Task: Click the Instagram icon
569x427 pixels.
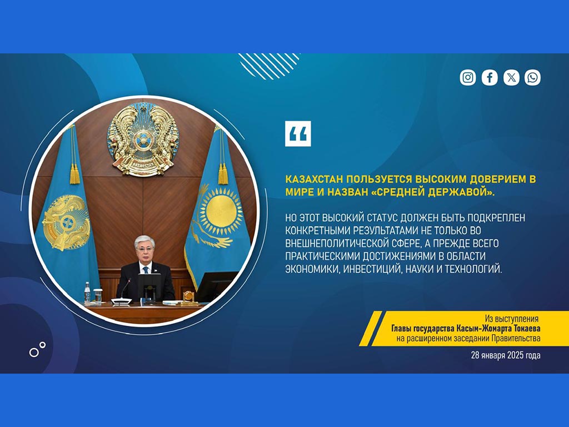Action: coord(468,77)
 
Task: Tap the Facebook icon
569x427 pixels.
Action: coord(490,77)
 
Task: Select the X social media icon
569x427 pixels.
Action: coord(511,77)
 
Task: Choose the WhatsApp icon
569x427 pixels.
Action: coord(532,77)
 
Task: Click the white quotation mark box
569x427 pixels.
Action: coord(298,133)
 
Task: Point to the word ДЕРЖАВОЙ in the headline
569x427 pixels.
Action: coord(461,192)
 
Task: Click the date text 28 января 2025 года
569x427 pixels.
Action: coord(506,355)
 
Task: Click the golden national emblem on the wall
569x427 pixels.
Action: coord(143,140)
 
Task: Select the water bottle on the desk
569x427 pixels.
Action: coord(87,292)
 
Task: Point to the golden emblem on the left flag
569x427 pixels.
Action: coord(66,222)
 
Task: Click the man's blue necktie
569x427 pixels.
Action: coord(146,270)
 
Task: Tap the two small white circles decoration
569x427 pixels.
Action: coord(37,349)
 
